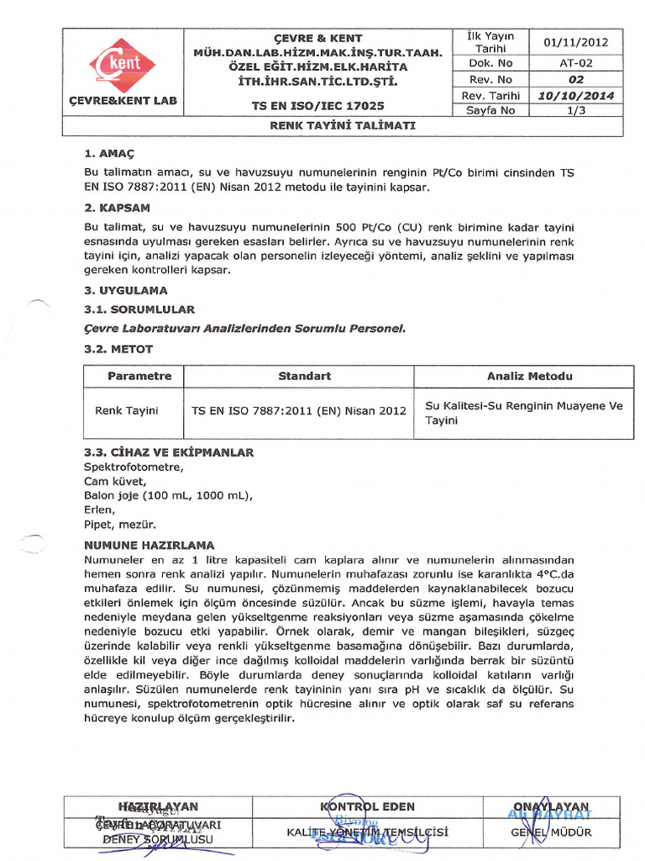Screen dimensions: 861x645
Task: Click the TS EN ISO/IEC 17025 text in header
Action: pyautogui.click(x=318, y=106)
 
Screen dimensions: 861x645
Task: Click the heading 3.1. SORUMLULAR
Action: pyautogui.click(x=139, y=309)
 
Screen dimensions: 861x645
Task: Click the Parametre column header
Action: pyautogui.click(x=139, y=376)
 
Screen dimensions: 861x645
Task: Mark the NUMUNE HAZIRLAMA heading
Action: pyautogui.click(x=149, y=545)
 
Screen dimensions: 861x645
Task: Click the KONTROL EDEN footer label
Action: pyautogui.click(x=368, y=806)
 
